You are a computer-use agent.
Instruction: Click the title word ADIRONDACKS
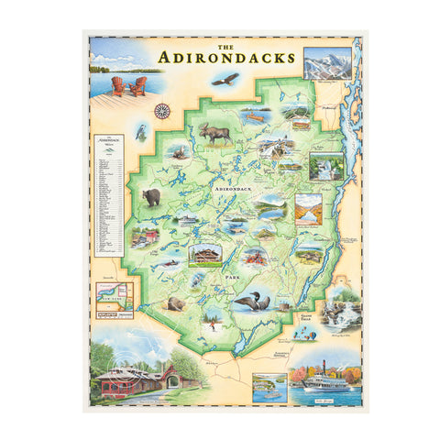point(226,57)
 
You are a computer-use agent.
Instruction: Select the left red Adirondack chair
point(119,86)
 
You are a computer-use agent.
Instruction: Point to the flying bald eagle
point(225,80)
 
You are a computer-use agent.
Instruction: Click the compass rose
point(162,111)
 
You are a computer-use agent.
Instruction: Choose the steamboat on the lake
point(315,379)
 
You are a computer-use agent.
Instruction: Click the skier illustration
point(213,321)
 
